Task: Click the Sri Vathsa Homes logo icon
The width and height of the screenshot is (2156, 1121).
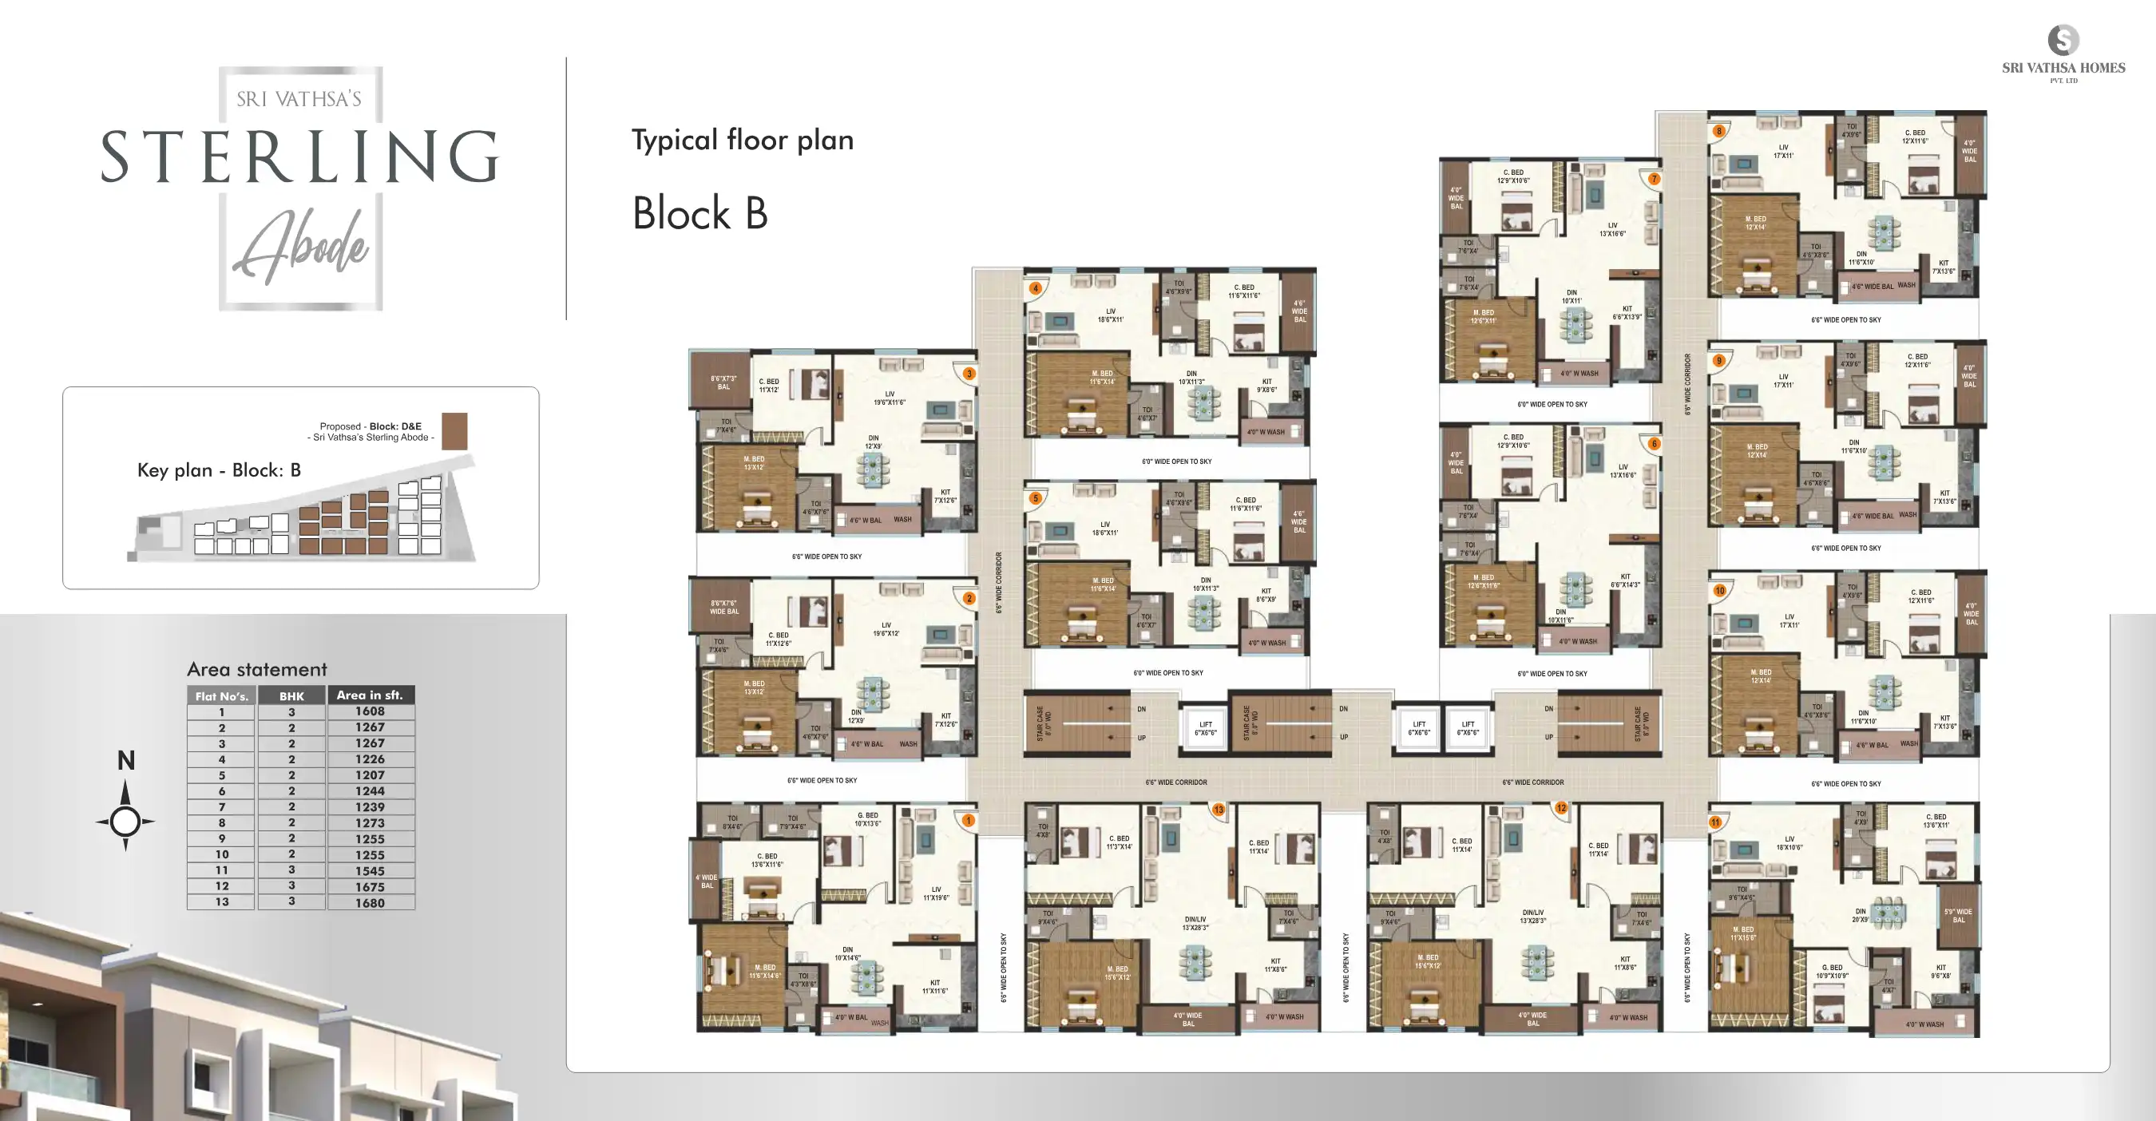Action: pos(2063,40)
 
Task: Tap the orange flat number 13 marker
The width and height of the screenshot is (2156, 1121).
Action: pos(1219,809)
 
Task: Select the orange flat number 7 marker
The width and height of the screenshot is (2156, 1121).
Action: pos(1654,179)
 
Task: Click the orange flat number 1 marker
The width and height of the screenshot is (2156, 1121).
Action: pos(969,821)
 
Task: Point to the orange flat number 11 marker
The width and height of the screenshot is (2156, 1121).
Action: pos(1715,822)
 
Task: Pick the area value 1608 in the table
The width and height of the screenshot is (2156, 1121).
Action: pos(370,711)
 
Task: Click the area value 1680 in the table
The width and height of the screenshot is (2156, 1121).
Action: pos(370,903)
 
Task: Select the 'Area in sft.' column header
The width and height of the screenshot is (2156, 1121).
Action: pos(370,695)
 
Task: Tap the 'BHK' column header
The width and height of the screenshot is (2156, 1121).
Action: pos(291,696)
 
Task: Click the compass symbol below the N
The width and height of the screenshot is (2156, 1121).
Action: pos(125,821)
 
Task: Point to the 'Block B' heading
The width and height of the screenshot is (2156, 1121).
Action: pos(700,213)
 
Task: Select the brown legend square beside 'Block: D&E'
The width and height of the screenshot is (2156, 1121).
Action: pos(454,431)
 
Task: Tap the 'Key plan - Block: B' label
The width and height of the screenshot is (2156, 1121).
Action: pos(219,470)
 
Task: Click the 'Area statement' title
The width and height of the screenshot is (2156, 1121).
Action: pos(257,669)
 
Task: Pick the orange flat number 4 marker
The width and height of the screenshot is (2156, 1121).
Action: pos(1036,288)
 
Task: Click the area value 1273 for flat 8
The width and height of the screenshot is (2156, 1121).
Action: pos(370,823)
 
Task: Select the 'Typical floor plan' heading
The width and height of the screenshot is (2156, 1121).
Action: pos(743,140)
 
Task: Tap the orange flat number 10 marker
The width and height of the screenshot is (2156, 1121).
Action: pos(1720,591)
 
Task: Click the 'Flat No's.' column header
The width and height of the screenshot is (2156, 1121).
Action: pos(222,696)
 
